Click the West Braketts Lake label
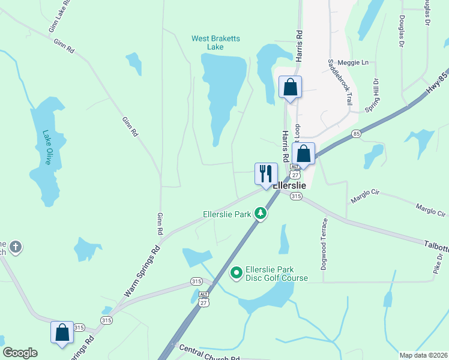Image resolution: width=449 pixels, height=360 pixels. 215,43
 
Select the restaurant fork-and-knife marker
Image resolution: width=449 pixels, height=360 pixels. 266,174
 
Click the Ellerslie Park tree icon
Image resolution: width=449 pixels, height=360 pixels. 260,213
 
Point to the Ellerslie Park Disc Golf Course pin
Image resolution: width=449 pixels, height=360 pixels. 237,274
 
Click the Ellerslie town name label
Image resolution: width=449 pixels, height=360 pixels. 289,185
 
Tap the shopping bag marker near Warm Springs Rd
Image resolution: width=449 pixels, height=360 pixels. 62,332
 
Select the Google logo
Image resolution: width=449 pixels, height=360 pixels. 20,353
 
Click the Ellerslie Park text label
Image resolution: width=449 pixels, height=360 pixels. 226,214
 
